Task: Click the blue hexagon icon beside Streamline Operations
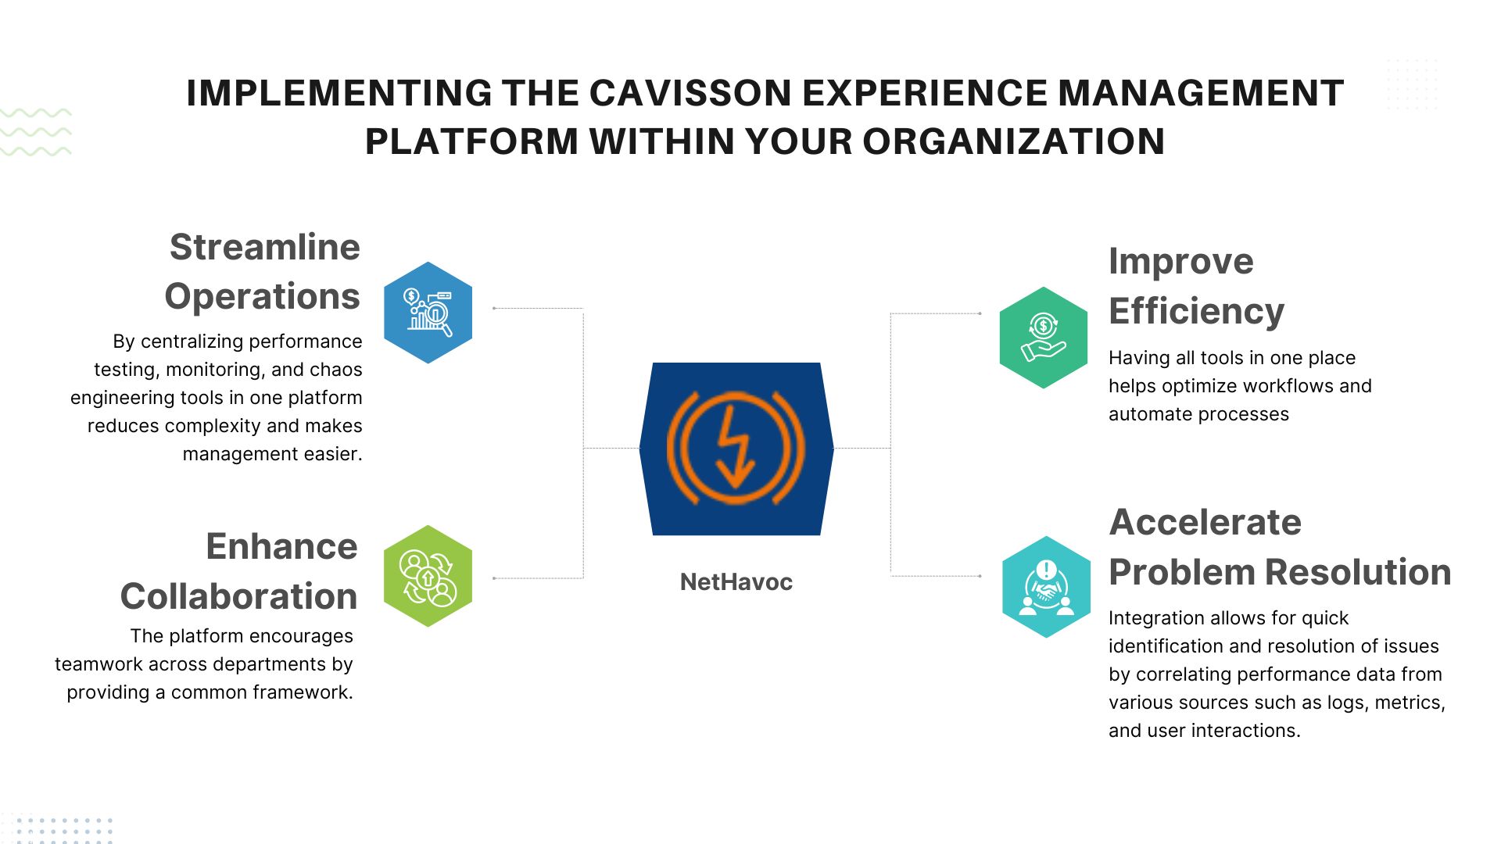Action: coord(428,313)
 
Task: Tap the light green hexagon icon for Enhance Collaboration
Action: coord(428,576)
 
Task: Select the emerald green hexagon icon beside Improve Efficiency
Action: coord(1044,338)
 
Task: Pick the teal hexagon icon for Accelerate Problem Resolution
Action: coord(1046,587)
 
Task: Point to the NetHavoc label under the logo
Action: coord(736,582)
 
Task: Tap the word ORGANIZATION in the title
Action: coord(1014,141)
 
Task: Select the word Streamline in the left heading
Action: coord(265,247)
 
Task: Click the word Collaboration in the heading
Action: coord(238,596)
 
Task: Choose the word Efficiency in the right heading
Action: coord(1197,312)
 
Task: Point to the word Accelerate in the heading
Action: coord(1205,522)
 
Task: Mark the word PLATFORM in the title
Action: coord(471,141)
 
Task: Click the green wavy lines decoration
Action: coord(36,132)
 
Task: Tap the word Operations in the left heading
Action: coord(263,298)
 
